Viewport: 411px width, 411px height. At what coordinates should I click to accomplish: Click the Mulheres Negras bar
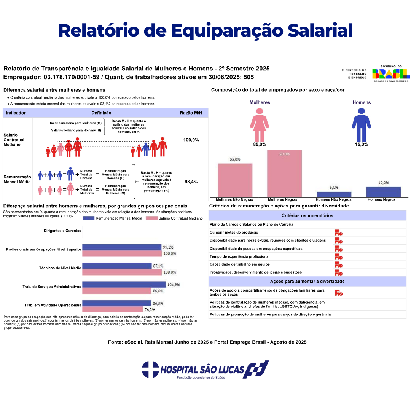tap(284, 173)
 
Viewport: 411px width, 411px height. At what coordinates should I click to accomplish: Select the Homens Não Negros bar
tap(334, 194)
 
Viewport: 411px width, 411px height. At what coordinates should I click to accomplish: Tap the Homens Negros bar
tap(383, 192)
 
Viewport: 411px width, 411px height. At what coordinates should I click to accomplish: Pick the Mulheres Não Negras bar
tap(235, 180)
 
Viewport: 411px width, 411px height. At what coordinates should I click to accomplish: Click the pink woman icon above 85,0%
tap(260, 125)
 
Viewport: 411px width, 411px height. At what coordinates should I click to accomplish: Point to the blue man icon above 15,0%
tap(361, 125)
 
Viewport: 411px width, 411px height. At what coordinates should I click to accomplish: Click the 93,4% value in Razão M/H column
tap(191, 182)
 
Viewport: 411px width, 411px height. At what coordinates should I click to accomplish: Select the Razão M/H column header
tap(191, 113)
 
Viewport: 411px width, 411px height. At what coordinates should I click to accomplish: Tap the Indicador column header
tap(16, 113)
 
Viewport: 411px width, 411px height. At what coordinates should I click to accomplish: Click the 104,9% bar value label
tap(174, 285)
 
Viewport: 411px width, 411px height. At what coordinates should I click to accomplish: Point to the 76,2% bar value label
tap(150, 310)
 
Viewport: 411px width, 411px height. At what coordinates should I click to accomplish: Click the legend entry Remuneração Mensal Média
tap(116, 218)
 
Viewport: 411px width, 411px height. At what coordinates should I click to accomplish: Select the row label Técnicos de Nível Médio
tap(60, 268)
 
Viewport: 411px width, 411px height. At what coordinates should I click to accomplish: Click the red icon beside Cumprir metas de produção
tap(338, 233)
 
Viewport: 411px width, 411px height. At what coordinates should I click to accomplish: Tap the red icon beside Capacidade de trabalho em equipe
tap(338, 264)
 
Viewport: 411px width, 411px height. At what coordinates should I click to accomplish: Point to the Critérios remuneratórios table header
tap(307, 215)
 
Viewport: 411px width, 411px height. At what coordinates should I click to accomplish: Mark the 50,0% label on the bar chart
tap(284, 154)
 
